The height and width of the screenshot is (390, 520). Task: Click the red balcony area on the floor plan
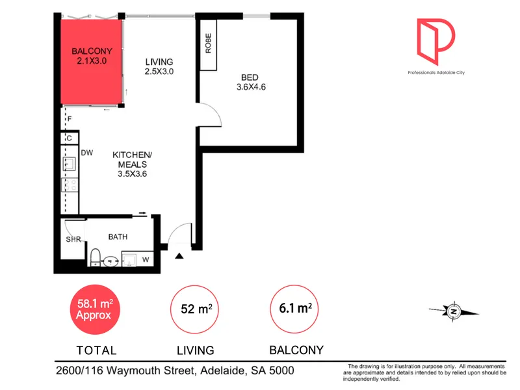click(x=91, y=62)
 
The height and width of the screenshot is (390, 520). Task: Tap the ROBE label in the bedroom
click(x=208, y=43)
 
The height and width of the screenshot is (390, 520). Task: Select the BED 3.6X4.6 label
click(x=251, y=83)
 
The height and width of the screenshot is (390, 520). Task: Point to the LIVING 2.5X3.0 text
click(x=159, y=66)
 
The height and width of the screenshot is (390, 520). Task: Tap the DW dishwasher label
click(x=87, y=153)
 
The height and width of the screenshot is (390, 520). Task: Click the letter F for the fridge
click(x=70, y=119)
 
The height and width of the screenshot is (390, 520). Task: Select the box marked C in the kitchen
click(x=70, y=138)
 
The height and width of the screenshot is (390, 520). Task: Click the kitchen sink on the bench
click(x=70, y=164)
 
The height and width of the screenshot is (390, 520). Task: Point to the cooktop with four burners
click(x=70, y=185)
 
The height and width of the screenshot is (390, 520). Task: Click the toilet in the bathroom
click(x=96, y=257)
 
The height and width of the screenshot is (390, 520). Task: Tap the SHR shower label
click(x=73, y=239)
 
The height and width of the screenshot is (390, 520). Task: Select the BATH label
click(x=118, y=237)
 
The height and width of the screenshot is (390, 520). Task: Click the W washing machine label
click(x=146, y=259)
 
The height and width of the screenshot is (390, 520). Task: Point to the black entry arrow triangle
click(x=179, y=255)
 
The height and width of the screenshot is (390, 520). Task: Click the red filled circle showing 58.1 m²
click(x=95, y=309)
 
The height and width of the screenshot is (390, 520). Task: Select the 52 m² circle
click(x=194, y=309)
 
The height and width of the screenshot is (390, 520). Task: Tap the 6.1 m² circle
click(x=294, y=309)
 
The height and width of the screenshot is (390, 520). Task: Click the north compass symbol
click(x=454, y=311)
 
